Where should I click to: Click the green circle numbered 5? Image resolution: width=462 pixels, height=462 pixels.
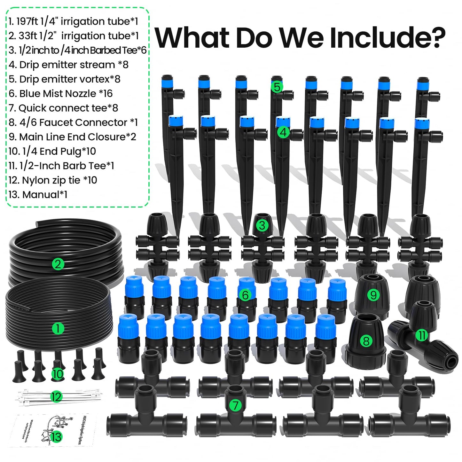tap(277, 87)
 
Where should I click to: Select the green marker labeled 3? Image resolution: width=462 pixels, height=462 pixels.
tap(262, 225)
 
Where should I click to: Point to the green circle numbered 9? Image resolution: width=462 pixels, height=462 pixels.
tap(373, 295)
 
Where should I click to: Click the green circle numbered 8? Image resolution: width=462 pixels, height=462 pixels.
tap(366, 341)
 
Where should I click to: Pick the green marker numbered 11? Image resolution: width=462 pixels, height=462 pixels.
tap(422, 335)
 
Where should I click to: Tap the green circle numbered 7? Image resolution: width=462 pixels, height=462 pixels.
tap(236, 405)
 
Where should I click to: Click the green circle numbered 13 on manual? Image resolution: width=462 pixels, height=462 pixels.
tap(56, 437)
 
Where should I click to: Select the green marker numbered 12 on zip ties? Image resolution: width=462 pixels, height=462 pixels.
tap(56, 397)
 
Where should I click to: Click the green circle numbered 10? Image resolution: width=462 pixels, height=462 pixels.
tap(58, 374)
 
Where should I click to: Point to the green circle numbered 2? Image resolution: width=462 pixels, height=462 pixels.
tap(58, 264)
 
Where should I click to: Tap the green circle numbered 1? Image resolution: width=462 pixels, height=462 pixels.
tap(58, 328)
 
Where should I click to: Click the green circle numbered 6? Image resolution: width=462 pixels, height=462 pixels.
tap(245, 295)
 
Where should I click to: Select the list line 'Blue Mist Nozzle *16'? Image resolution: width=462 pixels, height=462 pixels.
tap(61, 93)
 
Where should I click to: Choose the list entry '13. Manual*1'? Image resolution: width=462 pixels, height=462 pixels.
tap(38, 194)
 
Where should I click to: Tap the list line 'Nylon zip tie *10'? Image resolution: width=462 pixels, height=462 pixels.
tap(53, 180)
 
